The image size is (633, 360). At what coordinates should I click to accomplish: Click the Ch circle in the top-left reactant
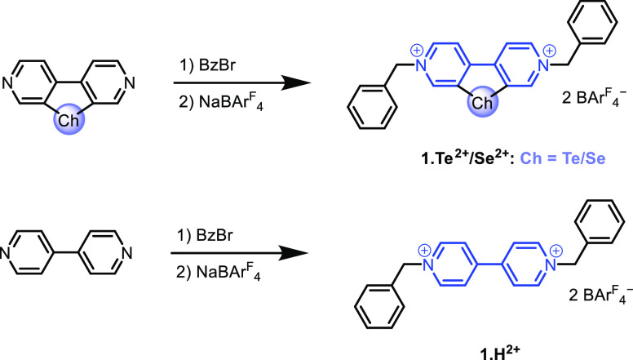point(69,119)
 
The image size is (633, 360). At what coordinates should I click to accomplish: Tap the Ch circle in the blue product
point(482,102)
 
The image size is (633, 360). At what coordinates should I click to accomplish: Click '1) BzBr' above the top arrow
point(207,65)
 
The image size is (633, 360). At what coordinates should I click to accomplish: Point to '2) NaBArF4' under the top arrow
point(221,101)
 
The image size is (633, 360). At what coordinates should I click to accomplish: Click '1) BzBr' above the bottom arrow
point(205,235)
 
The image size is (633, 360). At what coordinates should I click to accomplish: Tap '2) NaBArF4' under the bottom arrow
point(219,272)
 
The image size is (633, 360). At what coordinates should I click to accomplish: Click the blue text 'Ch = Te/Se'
point(563,158)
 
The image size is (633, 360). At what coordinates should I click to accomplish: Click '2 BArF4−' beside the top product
point(594,97)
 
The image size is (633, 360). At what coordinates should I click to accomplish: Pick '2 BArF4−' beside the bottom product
point(600,294)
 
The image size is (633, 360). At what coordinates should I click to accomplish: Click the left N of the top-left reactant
point(7,82)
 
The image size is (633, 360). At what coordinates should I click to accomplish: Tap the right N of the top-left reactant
point(129,82)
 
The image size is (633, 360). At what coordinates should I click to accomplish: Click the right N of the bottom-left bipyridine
point(126,253)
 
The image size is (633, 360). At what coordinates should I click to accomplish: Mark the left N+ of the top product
point(421,64)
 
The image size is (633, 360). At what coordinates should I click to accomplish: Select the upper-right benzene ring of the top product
point(592,21)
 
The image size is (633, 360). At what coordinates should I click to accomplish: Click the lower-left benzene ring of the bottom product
point(379,307)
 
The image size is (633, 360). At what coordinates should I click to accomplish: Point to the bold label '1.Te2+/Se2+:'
point(467,158)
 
